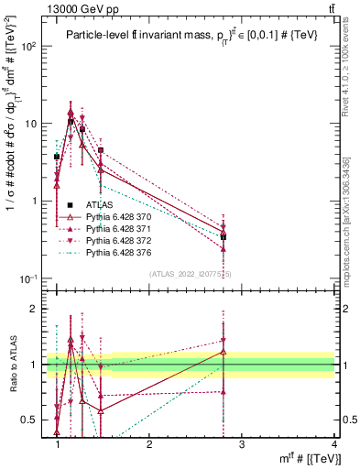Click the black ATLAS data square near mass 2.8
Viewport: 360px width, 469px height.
tap(223, 237)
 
